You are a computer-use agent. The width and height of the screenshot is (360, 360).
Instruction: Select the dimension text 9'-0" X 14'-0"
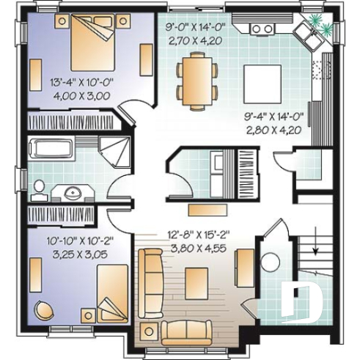click(194, 29)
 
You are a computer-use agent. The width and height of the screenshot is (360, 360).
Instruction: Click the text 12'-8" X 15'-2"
click(198, 235)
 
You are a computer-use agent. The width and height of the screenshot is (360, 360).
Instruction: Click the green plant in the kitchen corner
click(314, 23)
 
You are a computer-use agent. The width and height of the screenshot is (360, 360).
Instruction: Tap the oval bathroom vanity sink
click(73, 194)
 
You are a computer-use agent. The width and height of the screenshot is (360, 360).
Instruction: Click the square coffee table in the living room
click(197, 281)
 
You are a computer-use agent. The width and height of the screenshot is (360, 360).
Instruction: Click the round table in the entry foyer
click(268, 263)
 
